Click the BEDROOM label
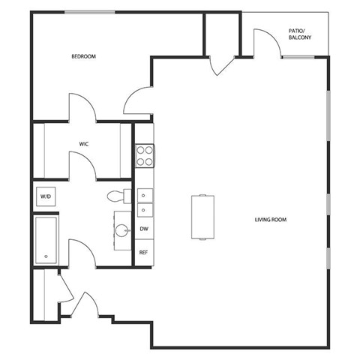[x=83, y=57]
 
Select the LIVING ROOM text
[x=271, y=220]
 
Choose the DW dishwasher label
[x=144, y=229]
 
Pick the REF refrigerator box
[x=144, y=253]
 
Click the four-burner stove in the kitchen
[x=145, y=154]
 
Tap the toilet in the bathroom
[x=117, y=196]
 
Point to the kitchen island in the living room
[x=202, y=216]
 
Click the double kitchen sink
[x=145, y=202]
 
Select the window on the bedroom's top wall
[x=90, y=10]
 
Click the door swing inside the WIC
[x=83, y=160]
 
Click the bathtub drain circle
[x=46, y=256]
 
